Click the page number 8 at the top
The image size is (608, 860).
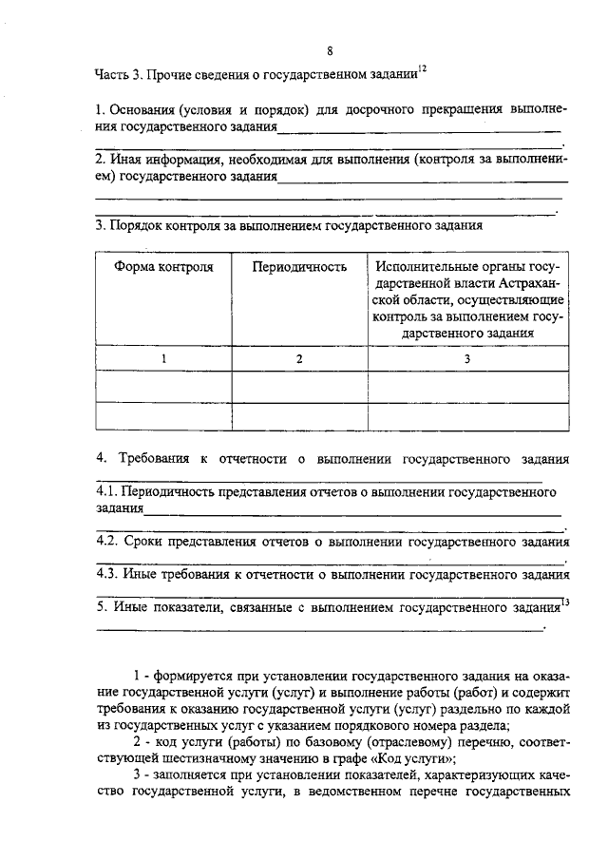tap(329, 50)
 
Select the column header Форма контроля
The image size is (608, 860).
tap(164, 267)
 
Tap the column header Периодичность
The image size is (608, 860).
tap(299, 267)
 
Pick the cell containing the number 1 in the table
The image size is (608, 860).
tap(163, 358)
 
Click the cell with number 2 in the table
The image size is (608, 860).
tap(299, 358)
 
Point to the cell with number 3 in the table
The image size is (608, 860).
tap(466, 358)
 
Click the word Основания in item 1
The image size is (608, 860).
tap(143, 110)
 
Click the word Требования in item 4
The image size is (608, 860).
tap(153, 459)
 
